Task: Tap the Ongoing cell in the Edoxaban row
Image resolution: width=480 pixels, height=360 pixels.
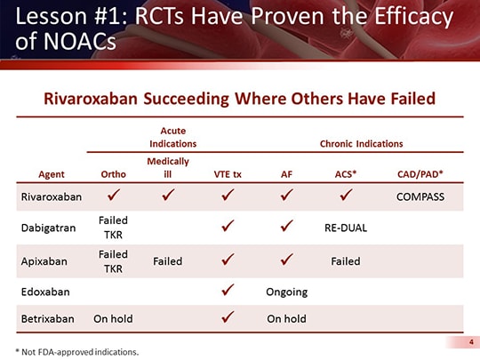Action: pyautogui.click(x=287, y=292)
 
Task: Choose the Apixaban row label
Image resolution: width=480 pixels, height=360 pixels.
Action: pyautogui.click(x=50, y=260)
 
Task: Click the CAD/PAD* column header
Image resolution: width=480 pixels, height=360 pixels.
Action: pyautogui.click(x=419, y=174)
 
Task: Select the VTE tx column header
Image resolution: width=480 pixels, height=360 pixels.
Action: pyautogui.click(x=228, y=174)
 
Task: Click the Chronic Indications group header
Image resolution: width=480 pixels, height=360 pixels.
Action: pyautogui.click(x=362, y=143)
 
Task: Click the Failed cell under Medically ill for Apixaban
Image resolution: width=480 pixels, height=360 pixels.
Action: pyautogui.click(x=168, y=260)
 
